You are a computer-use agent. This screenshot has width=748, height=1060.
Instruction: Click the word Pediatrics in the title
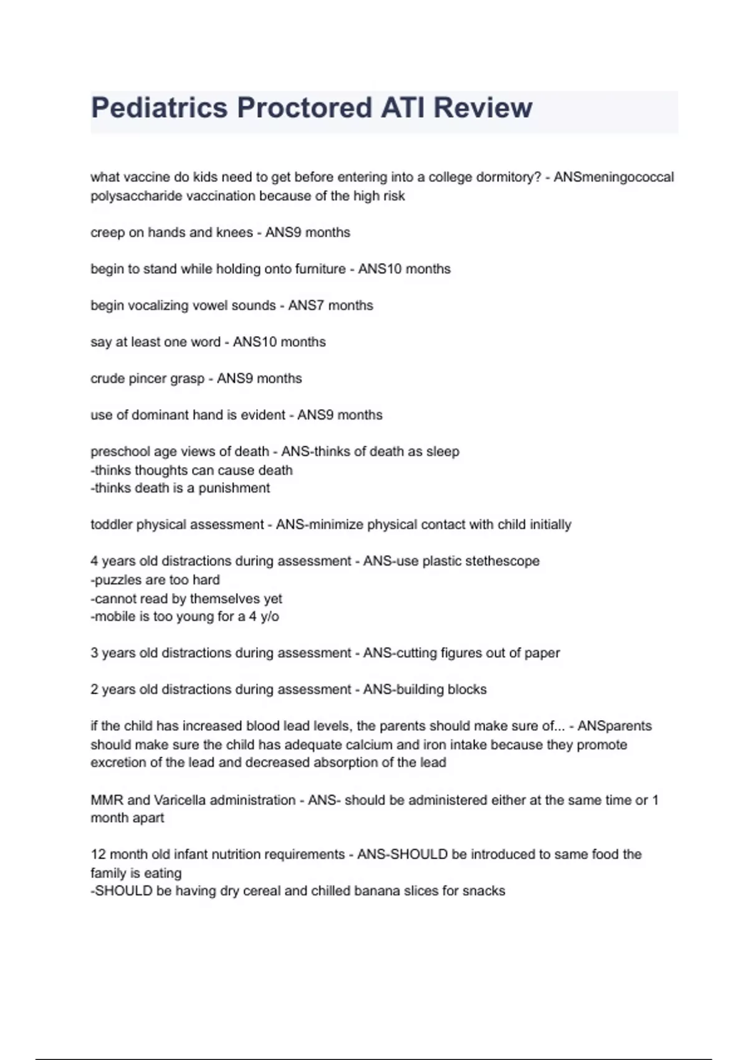tap(159, 108)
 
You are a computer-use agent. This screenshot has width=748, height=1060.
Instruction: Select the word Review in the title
tap(482, 108)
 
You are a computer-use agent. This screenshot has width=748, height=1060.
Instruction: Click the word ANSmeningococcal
tap(613, 177)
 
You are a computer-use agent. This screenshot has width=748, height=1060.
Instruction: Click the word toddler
tap(112, 525)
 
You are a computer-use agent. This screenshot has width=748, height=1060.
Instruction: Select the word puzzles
tap(118, 580)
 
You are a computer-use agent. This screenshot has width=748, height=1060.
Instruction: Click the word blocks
tap(467, 690)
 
